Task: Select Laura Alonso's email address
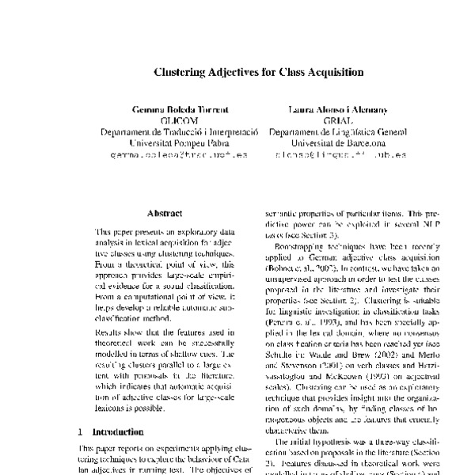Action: tap(337, 157)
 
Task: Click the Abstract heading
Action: tap(165, 213)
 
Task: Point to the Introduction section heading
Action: tap(118, 432)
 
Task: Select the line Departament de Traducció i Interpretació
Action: tap(174, 131)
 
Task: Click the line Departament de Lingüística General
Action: tap(337, 131)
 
